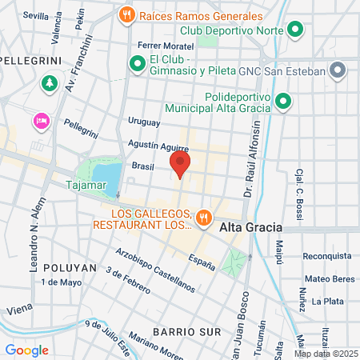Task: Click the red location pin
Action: [180, 166]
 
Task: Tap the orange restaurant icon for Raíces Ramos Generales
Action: [126, 14]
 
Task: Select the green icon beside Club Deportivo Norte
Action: [295, 31]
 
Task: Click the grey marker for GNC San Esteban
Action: [338, 70]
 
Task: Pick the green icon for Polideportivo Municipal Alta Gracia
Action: [282, 101]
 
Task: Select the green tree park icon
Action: [51, 82]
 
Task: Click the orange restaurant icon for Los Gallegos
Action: [204, 216]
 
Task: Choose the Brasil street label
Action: [142, 166]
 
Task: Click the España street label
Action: [202, 262]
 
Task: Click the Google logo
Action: [26, 350]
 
